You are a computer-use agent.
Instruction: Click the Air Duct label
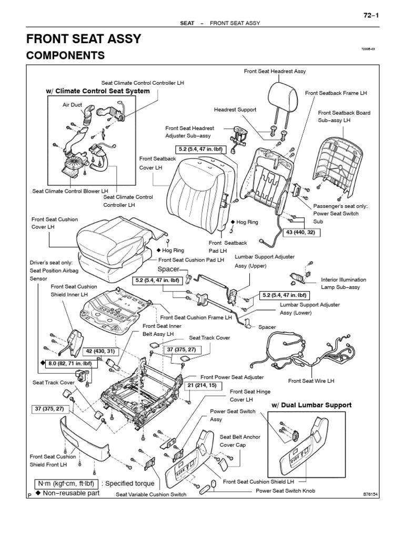pyautogui.click(x=73, y=105)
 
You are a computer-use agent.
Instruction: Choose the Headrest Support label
pyautogui.click(x=235, y=109)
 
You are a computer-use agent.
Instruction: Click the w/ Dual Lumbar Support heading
pyautogui.click(x=311, y=405)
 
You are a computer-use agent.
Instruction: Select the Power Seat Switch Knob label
pyautogui.click(x=285, y=490)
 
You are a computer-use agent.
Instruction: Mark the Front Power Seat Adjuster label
pyautogui.click(x=232, y=377)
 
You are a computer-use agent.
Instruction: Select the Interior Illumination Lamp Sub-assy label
pyautogui.click(x=344, y=283)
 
